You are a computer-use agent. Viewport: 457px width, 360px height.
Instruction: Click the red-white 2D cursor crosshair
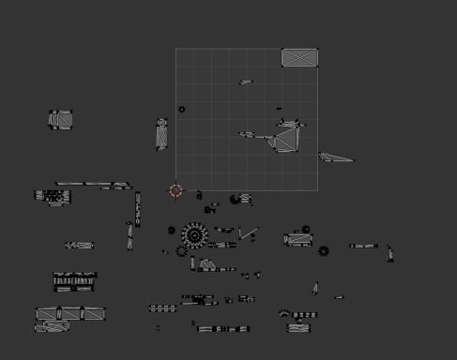coord(176,190)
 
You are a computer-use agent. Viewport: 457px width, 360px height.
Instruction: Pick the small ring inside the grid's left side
coord(182,109)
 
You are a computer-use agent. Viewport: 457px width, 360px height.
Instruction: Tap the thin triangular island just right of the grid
coord(335,157)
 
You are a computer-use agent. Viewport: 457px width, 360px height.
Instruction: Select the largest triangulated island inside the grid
coord(285,141)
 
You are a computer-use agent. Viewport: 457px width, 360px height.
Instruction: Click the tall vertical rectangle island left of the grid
coord(161,135)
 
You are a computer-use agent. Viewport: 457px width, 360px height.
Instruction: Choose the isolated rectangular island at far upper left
coord(61,119)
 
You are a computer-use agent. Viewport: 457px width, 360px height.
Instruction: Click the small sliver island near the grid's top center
coord(246,82)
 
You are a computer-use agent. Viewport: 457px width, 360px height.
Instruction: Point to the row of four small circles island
coord(163,307)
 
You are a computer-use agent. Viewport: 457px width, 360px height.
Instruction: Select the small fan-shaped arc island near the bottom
coord(284,313)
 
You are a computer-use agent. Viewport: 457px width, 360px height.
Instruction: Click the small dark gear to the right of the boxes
coord(324,251)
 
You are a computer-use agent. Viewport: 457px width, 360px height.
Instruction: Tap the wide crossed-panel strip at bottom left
coord(70,313)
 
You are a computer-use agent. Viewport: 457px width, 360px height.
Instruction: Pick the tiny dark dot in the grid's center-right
coord(279,109)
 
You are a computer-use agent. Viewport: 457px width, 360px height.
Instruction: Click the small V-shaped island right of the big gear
coord(248,232)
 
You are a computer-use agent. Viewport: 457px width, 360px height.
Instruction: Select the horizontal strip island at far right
coord(363,247)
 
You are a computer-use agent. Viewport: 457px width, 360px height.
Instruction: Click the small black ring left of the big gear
coord(172,230)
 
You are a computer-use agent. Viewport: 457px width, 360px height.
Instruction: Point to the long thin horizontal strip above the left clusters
coord(94,185)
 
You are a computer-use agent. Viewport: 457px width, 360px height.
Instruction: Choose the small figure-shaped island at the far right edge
coord(390,252)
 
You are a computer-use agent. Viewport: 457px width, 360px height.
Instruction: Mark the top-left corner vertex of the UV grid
coord(176,49)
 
